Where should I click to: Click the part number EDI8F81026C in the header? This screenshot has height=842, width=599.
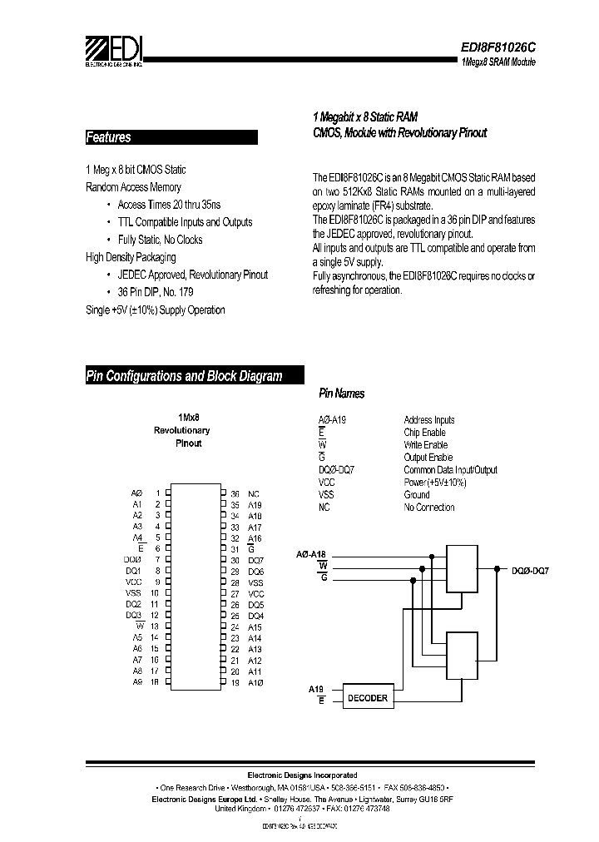click(x=498, y=47)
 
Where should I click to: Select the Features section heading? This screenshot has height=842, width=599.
click(x=109, y=137)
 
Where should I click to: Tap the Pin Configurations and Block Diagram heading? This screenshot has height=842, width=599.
click(x=185, y=376)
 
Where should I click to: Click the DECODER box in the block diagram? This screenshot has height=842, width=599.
click(x=366, y=697)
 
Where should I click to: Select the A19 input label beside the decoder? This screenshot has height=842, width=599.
click(x=315, y=690)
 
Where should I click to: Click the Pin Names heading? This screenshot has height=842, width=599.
click(x=341, y=394)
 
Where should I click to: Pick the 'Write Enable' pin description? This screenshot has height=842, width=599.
click(x=425, y=445)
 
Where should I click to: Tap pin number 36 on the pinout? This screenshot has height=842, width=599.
click(x=235, y=493)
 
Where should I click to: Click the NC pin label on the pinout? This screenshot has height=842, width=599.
click(x=254, y=493)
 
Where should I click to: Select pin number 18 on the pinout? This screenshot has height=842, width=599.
click(x=154, y=682)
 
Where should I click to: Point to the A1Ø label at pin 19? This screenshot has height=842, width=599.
click(x=255, y=682)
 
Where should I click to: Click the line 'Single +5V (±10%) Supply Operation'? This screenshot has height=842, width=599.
click(x=156, y=310)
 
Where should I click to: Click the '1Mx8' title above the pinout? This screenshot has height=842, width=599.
click(x=189, y=418)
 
